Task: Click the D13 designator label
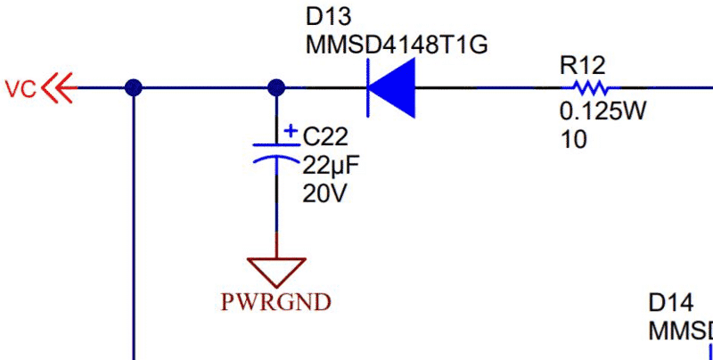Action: click(x=327, y=17)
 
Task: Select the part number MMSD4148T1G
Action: click(x=397, y=45)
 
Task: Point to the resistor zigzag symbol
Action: click(x=589, y=88)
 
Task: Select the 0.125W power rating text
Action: click(x=602, y=113)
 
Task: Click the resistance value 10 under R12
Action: click(x=574, y=139)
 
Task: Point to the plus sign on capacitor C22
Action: click(x=291, y=131)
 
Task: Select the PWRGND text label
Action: click(x=277, y=301)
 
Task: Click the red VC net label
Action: click(x=20, y=88)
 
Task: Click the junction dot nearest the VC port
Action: click(x=134, y=87)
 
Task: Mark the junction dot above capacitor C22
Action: click(x=276, y=87)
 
